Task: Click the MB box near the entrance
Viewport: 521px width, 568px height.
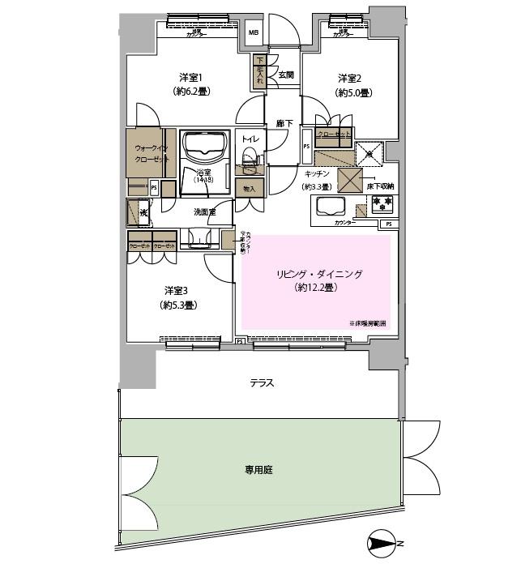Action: (x=254, y=33)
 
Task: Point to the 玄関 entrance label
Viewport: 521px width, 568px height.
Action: (x=285, y=75)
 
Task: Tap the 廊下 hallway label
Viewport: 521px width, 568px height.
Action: (x=283, y=124)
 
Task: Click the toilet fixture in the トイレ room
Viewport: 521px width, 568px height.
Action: (x=250, y=156)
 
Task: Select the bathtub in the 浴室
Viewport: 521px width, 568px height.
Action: (x=203, y=147)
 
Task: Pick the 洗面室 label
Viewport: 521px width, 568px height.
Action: (x=204, y=211)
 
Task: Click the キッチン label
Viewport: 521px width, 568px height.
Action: (x=317, y=173)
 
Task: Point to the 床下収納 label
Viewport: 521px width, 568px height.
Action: (x=379, y=187)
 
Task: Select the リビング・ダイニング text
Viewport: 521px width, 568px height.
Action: (x=317, y=275)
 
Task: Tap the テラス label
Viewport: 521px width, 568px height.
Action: (x=262, y=382)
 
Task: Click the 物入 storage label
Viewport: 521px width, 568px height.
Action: (x=249, y=189)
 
